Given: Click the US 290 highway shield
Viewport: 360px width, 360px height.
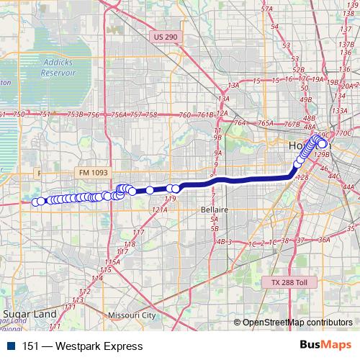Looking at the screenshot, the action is [x=165, y=36].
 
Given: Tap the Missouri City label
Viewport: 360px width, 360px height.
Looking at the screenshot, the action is [x=131, y=315].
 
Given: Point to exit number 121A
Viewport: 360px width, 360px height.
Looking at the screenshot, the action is [x=160, y=209].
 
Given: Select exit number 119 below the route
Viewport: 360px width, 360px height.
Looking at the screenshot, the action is [x=171, y=198].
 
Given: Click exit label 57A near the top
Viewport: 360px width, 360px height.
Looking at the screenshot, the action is [x=268, y=9].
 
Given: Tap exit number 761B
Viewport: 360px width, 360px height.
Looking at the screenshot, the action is [x=206, y=115].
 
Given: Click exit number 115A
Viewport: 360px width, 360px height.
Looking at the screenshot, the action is [x=112, y=261].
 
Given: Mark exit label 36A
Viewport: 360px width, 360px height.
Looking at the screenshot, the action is [x=324, y=240].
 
